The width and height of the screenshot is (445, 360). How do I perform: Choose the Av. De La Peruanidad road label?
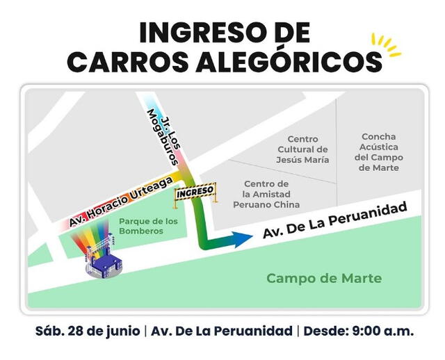pos(334,222)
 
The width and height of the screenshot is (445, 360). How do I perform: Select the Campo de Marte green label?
pos(324,278)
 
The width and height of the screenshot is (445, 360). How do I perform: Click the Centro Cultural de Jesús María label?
pos(302,149)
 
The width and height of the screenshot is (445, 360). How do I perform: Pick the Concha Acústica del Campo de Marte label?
pos(378,152)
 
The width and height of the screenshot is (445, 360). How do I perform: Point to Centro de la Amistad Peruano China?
pos(271,194)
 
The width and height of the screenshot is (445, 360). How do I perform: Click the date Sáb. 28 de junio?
pos(87,331)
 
